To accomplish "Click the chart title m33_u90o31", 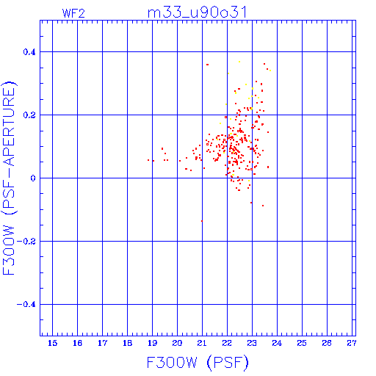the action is pyautogui.click(x=198, y=12).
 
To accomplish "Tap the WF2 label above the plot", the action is pyautogui.click(x=73, y=13).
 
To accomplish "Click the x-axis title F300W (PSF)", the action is pyautogui.click(x=198, y=362).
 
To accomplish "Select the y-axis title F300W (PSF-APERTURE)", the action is pyautogui.click(x=9, y=178).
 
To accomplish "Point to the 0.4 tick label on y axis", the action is pyautogui.click(x=29, y=52).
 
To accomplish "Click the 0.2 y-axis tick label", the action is pyautogui.click(x=29, y=115).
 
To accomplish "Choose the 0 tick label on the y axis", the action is pyautogui.click(x=33, y=178).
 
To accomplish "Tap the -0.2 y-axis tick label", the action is pyautogui.click(x=26, y=242).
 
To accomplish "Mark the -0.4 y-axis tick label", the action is pyautogui.click(x=26, y=305).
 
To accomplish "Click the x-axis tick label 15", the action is pyautogui.click(x=52, y=343).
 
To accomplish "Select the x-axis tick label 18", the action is pyautogui.click(x=127, y=343).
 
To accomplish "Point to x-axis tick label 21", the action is pyautogui.click(x=202, y=343).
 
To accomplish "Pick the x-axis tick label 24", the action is pyautogui.click(x=277, y=343).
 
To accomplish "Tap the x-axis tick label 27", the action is pyautogui.click(x=352, y=343).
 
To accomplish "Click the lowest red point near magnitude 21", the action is pyautogui.click(x=202, y=221).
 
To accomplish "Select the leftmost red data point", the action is pyautogui.click(x=148, y=160).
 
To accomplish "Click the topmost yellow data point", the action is pyautogui.click(x=239, y=62).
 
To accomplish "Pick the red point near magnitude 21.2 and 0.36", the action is pyautogui.click(x=207, y=65).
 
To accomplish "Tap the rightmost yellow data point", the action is pyautogui.click(x=270, y=70).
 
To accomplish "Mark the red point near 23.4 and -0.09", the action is pyautogui.click(x=263, y=206).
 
